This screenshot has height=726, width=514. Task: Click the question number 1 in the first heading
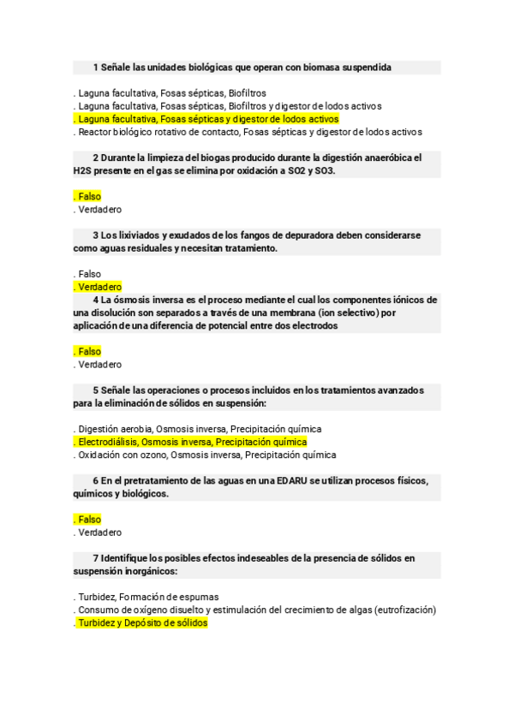coord(96,67)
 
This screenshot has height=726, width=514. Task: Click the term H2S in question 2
coord(84,171)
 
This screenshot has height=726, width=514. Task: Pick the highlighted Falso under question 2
coord(88,197)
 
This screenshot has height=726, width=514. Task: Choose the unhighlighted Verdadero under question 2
coord(99,210)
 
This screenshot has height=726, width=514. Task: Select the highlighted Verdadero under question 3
coord(99,287)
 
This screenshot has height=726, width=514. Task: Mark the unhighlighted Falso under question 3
coord(88,274)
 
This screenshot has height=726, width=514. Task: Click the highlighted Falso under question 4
coord(88,351)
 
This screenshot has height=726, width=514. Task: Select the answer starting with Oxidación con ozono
coord(206,455)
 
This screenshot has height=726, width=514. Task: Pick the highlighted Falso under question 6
coord(88,520)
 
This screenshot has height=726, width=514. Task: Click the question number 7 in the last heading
coord(96,558)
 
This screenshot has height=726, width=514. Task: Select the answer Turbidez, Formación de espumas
coord(147,597)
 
